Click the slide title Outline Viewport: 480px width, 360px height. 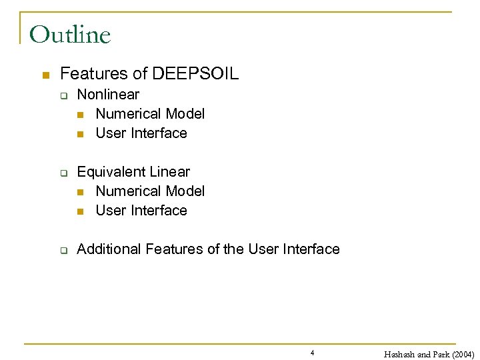(70, 34)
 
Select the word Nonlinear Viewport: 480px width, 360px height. (108, 95)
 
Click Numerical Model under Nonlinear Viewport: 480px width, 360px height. (150, 114)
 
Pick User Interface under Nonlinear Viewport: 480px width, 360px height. (141, 133)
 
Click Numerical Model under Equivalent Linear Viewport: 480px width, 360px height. (150, 191)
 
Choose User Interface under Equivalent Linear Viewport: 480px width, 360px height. (141, 211)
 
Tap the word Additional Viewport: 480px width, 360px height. (109, 249)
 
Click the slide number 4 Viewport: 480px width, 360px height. (312, 353)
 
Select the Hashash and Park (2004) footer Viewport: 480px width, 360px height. (429, 354)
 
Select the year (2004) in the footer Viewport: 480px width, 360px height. (460, 354)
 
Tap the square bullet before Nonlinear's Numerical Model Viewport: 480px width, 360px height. (81, 115)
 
